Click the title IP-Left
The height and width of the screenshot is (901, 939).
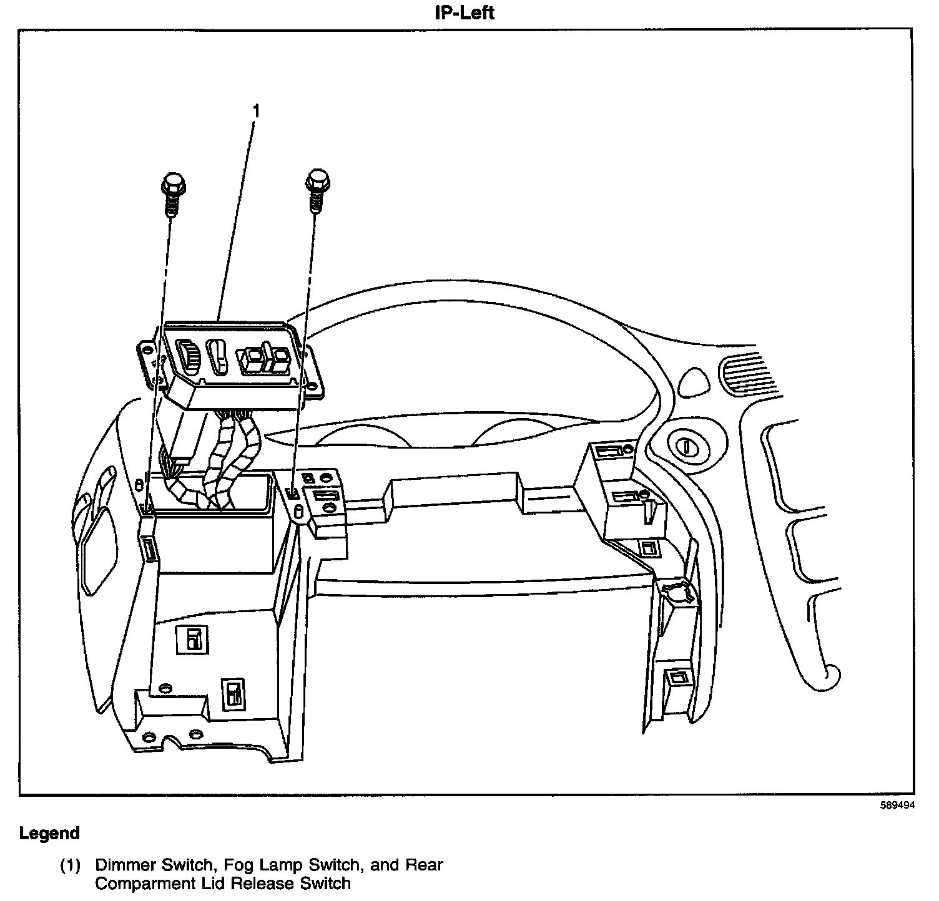(464, 12)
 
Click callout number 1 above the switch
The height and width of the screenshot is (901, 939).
(255, 111)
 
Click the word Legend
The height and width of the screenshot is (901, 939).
(49, 833)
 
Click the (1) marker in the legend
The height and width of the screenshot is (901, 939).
(70, 866)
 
